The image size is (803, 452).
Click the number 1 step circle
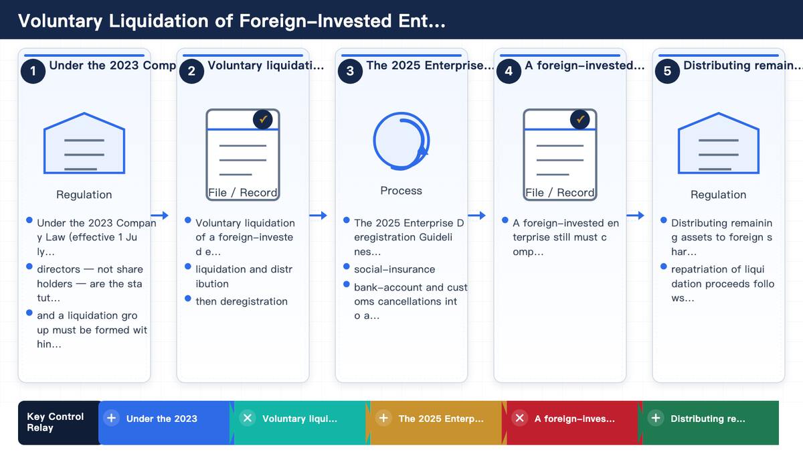[x=33, y=71]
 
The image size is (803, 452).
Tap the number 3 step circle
[x=350, y=71]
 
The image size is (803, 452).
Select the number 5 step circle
[x=667, y=71]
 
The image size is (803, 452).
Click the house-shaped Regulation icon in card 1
[x=84, y=143]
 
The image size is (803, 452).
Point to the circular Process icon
[x=374, y=141]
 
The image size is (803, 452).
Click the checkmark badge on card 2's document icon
[x=263, y=119]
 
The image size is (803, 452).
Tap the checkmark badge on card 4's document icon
[x=580, y=119]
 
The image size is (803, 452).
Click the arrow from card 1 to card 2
[x=159, y=215]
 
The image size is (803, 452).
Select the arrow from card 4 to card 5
[x=635, y=215]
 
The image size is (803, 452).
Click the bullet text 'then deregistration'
[x=242, y=301]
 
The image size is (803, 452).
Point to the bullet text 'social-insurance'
[x=394, y=269]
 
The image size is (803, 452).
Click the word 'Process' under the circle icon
[x=401, y=190]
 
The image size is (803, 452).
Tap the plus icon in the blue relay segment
[x=112, y=418]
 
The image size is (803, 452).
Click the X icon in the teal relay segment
[x=248, y=418]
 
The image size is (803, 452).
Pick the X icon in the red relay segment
[x=519, y=418]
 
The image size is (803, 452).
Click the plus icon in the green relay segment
[x=656, y=418]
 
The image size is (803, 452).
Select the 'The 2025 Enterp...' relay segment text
[x=441, y=419]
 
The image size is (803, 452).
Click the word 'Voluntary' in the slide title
[x=60, y=21]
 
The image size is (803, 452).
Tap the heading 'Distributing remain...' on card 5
[x=743, y=66]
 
